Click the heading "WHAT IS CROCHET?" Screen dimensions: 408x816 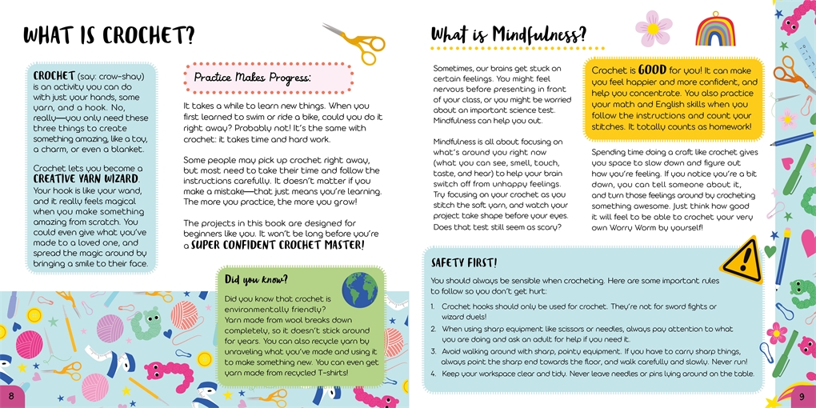109,36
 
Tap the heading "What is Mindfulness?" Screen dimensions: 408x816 508,35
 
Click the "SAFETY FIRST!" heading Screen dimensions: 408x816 464,262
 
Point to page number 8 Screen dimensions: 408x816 10,397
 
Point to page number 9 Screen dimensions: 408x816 802,397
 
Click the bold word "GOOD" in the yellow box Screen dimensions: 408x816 651,70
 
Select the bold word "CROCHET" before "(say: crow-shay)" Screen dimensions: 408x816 54,76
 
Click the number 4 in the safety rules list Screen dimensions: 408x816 433,374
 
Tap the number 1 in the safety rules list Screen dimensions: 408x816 433,306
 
